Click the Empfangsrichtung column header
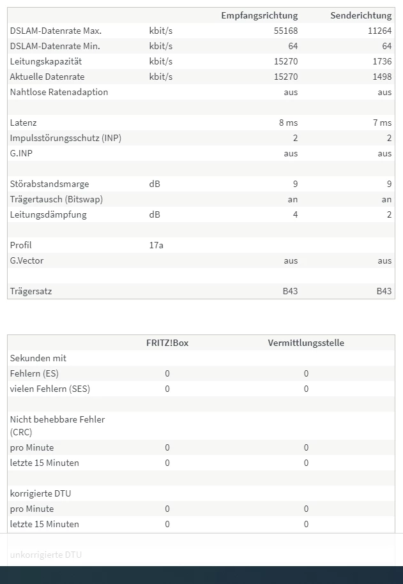click(259, 15)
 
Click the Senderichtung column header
click(361, 15)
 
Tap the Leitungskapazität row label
click(46, 61)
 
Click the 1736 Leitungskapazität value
click(381, 61)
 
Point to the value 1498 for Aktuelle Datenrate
click(381, 77)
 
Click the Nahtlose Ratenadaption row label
click(59, 92)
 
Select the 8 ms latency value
click(288, 123)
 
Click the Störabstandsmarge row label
click(49, 184)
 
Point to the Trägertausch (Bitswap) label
click(56, 199)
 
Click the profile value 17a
click(156, 245)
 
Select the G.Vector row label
click(27, 260)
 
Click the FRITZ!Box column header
click(167, 343)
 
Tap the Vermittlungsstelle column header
click(306, 343)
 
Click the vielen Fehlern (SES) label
click(50, 389)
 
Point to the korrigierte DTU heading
click(41, 493)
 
